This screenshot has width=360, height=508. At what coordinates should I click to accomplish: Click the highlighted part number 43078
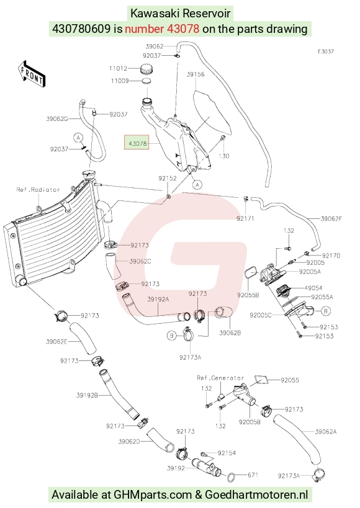coord(138,143)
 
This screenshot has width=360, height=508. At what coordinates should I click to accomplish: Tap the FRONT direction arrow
coord(32,74)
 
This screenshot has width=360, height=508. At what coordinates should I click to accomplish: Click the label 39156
coord(196,74)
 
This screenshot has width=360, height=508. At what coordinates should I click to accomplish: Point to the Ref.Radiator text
coord(38,190)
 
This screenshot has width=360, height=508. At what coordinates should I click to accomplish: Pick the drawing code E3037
coord(326,51)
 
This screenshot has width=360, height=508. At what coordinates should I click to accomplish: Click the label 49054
coord(313,288)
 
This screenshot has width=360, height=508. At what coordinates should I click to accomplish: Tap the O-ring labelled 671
coord(232,476)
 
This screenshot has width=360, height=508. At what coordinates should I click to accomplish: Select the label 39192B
coord(88,395)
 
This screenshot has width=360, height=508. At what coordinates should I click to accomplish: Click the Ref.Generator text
coord(220,378)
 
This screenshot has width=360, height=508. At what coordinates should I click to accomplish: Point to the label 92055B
coord(248,295)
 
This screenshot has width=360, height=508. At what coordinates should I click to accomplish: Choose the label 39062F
coord(331,219)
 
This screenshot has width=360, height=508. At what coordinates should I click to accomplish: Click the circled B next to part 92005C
coord(326,311)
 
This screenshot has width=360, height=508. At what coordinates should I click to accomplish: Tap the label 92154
coord(227,453)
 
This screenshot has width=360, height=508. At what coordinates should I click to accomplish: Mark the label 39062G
coord(57,119)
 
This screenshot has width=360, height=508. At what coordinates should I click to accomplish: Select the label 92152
coord(168,178)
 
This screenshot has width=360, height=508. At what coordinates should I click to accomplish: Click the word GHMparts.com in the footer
coord(153,495)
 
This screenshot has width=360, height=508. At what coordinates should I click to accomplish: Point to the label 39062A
coord(326,432)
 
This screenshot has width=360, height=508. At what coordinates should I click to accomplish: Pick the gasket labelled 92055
coord(261,380)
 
